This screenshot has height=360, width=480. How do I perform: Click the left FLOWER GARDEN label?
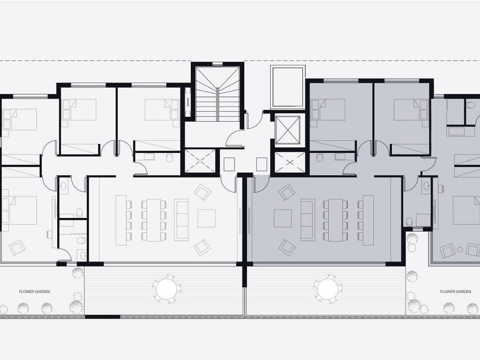point(34,292)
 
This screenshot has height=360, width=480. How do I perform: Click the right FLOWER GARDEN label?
point(455,292)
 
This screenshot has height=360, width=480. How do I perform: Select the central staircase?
point(217,94)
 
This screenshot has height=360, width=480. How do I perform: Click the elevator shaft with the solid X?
point(288,130)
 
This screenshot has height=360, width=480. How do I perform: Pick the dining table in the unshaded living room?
point(154,220)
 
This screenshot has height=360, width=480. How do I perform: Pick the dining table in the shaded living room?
point(335,220)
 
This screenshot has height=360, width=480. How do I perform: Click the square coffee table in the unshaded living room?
point(207,218)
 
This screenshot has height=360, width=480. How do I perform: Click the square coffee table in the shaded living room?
point(283,218)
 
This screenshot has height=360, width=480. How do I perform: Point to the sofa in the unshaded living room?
point(181,220)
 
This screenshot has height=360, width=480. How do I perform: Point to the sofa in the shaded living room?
point(308,220)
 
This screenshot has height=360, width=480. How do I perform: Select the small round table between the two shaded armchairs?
point(460,250)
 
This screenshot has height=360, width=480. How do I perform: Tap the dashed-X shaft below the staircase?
point(200,161)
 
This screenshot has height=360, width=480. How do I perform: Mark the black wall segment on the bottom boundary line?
point(102,317)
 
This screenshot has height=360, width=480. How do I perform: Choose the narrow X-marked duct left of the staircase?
point(188,102)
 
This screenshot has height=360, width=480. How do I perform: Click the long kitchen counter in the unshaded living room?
point(121,220)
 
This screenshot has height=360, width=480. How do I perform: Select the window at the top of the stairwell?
point(217,64)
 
